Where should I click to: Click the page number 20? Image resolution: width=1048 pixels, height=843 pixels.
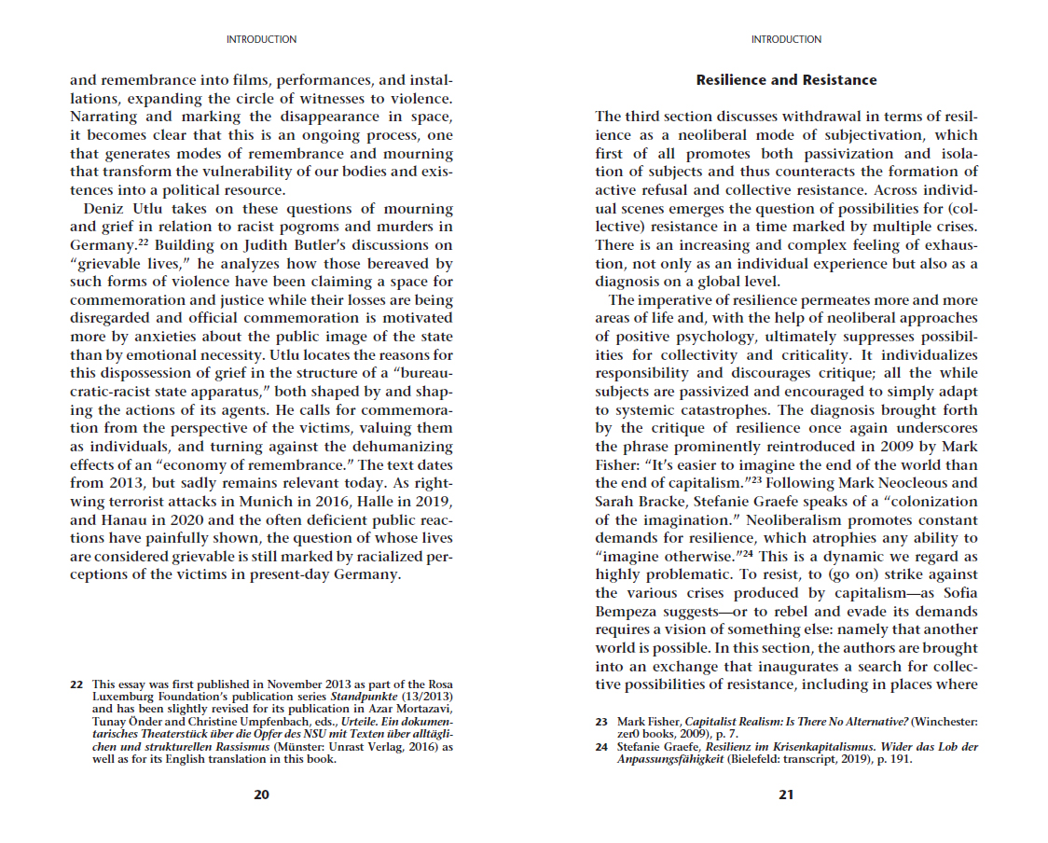coord(261,795)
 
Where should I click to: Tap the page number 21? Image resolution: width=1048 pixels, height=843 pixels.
coord(786,795)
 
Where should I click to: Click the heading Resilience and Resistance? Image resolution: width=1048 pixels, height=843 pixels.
coord(786,80)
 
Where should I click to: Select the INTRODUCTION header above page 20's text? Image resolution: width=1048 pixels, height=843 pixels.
coord(261,39)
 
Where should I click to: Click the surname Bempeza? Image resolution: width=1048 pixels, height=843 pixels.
coord(627,612)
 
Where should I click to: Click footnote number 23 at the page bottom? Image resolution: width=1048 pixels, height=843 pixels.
coord(601,722)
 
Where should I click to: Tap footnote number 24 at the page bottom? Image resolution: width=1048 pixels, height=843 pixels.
coord(601,747)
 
